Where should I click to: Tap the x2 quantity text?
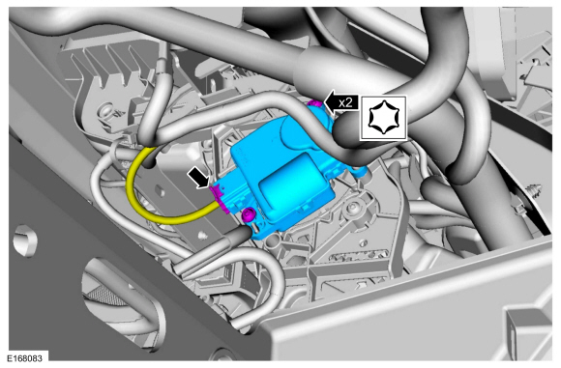click(x=345, y=103)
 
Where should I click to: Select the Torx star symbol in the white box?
click(x=383, y=117)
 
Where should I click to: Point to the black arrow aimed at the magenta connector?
click(x=199, y=179)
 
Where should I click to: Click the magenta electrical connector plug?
click(x=220, y=199)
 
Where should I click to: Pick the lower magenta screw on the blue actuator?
click(x=248, y=214)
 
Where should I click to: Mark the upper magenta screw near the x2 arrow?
click(x=315, y=103)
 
